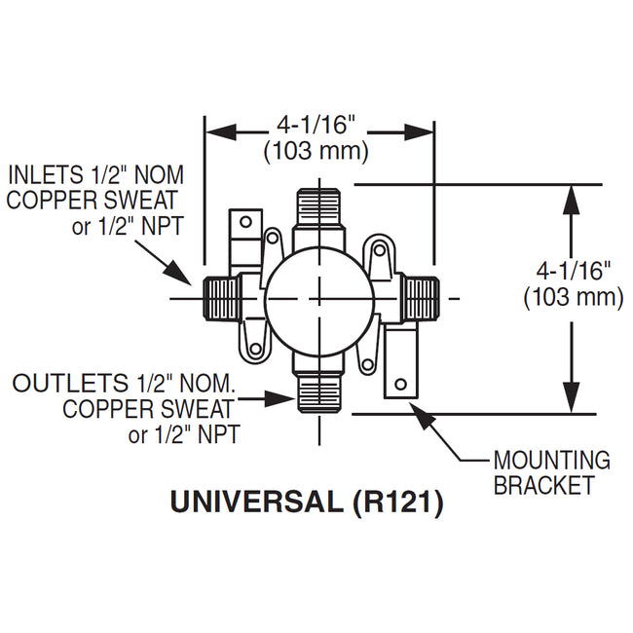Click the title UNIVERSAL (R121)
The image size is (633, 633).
307,502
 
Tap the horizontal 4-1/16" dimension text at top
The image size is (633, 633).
317,126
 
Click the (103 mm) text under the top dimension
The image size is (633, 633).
317,151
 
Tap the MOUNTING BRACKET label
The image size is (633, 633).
550,472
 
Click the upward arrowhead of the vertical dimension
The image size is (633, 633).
573,195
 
